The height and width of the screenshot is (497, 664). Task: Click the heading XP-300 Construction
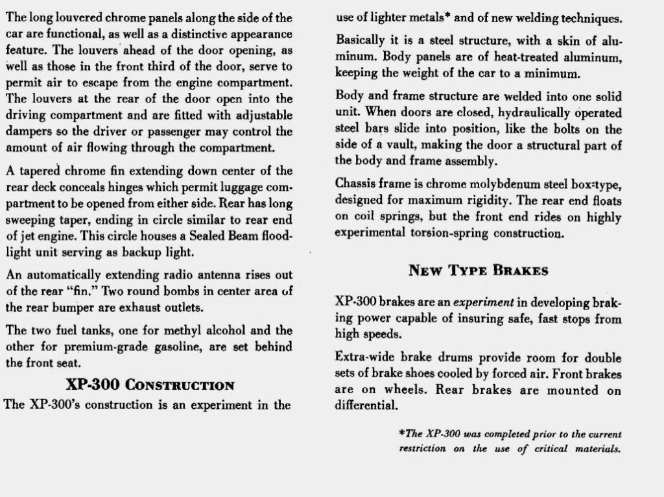[150, 385]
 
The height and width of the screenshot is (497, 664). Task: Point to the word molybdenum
[479, 184]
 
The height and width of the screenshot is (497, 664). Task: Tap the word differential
[364, 407]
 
